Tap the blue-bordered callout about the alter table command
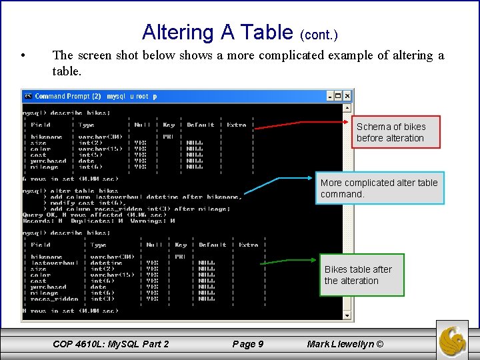379,188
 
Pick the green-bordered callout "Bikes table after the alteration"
361,275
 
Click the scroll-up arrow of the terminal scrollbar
347,107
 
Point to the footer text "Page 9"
247,344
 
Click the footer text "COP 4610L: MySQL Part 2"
111,344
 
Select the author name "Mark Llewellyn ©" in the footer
345,344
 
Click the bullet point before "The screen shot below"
23,56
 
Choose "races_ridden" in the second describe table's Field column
54,299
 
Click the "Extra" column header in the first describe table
237,125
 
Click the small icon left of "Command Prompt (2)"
28,96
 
